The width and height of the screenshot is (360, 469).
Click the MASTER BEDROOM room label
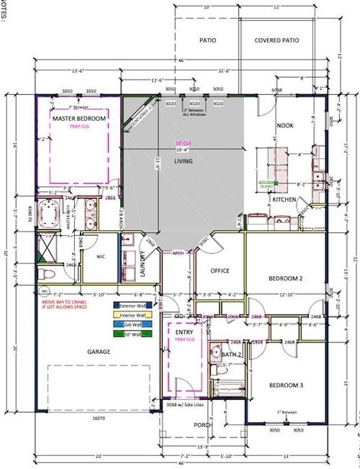78,118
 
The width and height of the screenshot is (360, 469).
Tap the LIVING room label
184,162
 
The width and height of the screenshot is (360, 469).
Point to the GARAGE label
99,351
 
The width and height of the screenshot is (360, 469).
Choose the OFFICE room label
219,271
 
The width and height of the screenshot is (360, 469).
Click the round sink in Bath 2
214,352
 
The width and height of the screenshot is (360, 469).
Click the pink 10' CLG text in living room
184,143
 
